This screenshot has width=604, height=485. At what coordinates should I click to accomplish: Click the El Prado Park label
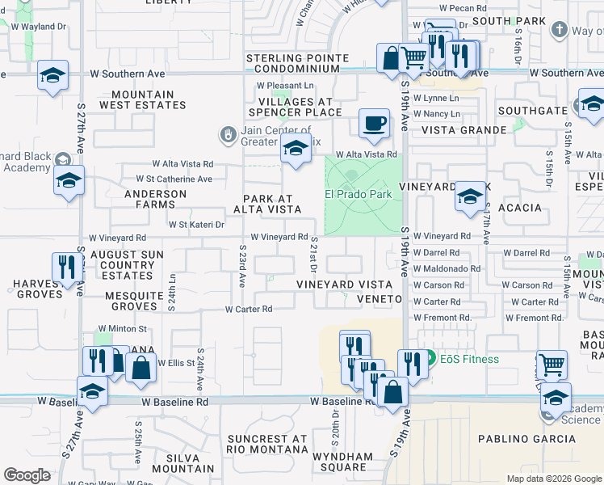(x=358, y=194)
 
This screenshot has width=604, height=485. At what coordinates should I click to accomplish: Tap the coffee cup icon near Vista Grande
(x=374, y=123)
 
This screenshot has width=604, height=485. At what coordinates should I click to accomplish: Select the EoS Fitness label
(x=468, y=359)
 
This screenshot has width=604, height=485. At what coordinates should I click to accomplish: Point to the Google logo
(x=27, y=475)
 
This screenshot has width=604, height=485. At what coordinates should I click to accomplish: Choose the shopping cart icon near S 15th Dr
(x=551, y=364)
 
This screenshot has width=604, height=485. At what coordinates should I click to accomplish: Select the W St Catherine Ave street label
(x=174, y=179)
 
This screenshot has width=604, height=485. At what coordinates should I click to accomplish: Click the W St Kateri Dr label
(x=195, y=225)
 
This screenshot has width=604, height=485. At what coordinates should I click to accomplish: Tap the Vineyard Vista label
(x=344, y=285)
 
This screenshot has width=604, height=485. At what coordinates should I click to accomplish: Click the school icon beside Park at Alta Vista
(x=296, y=150)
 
